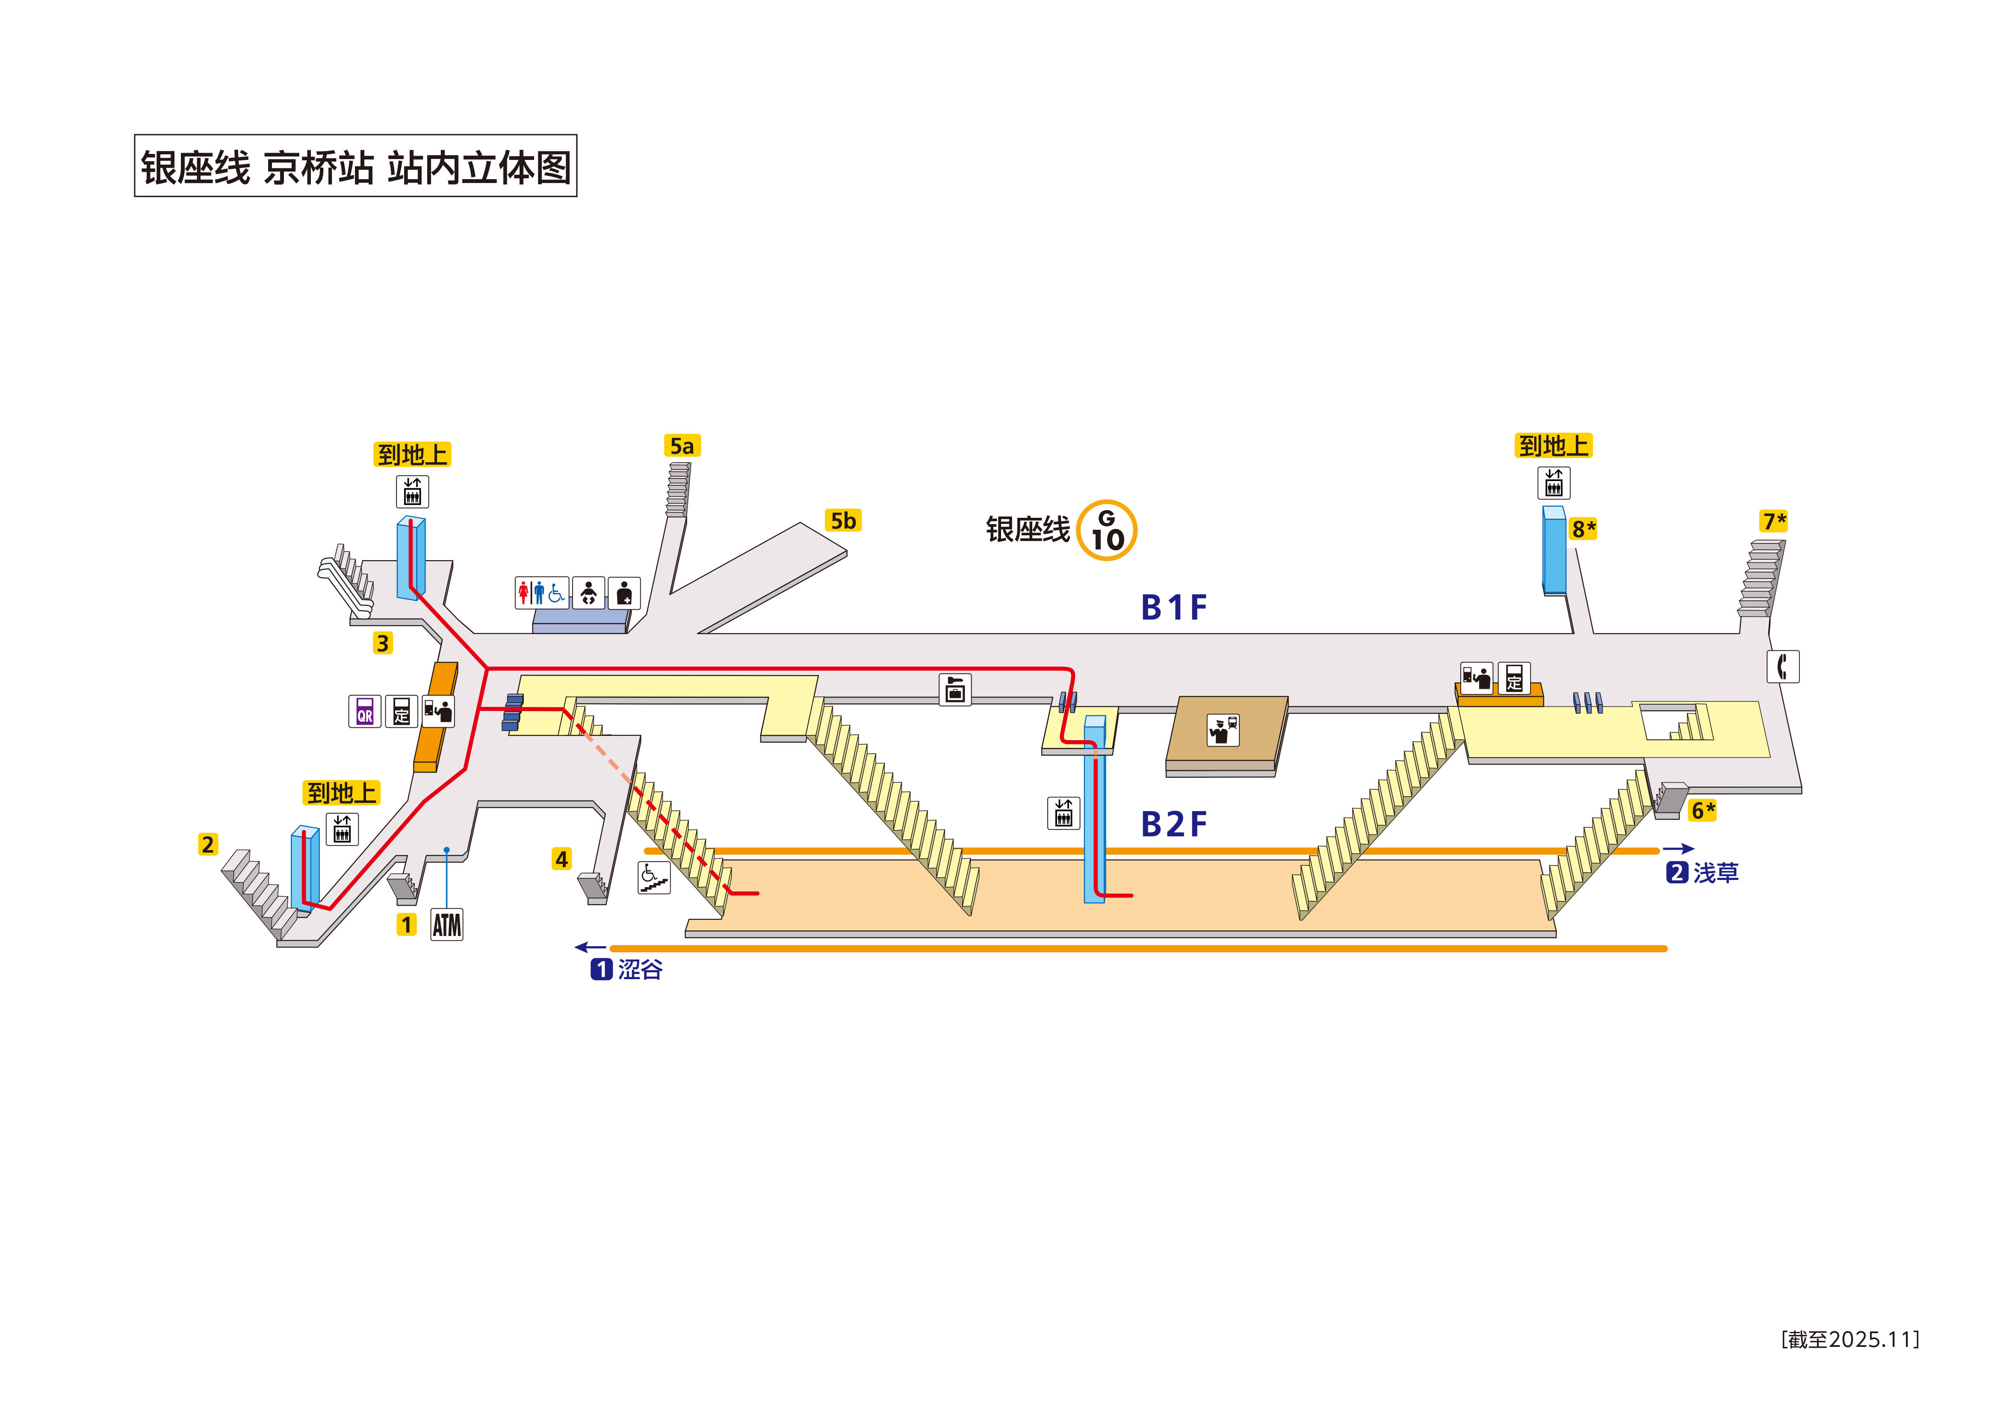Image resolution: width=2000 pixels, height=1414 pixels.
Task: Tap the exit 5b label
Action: pyautogui.click(x=842, y=521)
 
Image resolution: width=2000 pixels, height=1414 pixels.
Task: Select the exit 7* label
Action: pyautogui.click(x=1773, y=521)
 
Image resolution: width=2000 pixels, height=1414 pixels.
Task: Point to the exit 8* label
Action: pyautogui.click(x=1583, y=529)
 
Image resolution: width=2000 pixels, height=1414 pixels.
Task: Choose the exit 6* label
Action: pyautogui.click(x=1702, y=810)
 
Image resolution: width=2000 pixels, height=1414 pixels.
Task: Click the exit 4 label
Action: pyautogui.click(x=562, y=859)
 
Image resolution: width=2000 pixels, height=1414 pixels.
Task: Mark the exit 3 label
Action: pyautogui.click(x=382, y=643)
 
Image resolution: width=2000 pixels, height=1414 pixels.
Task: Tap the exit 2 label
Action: pyautogui.click(x=207, y=844)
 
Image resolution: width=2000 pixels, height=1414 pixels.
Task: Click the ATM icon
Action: pyautogui.click(x=447, y=924)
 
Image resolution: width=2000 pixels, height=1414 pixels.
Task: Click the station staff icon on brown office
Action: pyautogui.click(x=1222, y=729)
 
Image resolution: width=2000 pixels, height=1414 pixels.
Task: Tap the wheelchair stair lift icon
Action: pyautogui.click(x=653, y=877)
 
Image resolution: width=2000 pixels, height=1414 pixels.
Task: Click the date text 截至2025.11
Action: pyautogui.click(x=1849, y=1339)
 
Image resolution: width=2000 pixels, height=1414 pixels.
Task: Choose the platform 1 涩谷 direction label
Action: pyautogui.click(x=627, y=969)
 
